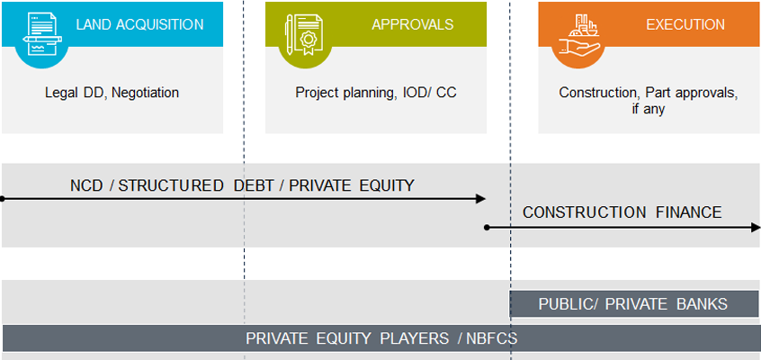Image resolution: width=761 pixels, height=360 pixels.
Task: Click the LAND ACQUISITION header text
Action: tap(139, 24)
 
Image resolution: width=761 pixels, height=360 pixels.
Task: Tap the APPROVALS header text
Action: tap(413, 24)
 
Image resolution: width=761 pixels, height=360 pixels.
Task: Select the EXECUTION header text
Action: tap(685, 24)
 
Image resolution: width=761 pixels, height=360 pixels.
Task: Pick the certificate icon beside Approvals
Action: tap(304, 34)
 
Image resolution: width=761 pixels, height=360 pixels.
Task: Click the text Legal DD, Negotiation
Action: tap(112, 93)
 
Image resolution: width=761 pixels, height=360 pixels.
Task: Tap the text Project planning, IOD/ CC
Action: tap(376, 93)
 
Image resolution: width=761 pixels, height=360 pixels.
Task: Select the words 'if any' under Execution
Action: tap(648, 109)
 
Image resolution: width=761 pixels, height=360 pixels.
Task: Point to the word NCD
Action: tap(86, 185)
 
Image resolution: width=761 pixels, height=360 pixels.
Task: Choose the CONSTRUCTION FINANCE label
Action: tap(622, 212)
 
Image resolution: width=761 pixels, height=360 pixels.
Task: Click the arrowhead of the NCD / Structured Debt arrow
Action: tap(480, 199)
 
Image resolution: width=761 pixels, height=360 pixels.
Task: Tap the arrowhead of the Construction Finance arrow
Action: tap(756, 228)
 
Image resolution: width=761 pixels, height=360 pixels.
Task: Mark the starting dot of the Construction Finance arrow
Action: tap(487, 228)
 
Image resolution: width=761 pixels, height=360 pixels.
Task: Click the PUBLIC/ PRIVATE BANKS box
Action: tap(634, 304)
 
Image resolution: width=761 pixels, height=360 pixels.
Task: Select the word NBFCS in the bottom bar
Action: tap(492, 338)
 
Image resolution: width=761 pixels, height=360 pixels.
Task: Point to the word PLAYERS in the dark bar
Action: tap(414, 338)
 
